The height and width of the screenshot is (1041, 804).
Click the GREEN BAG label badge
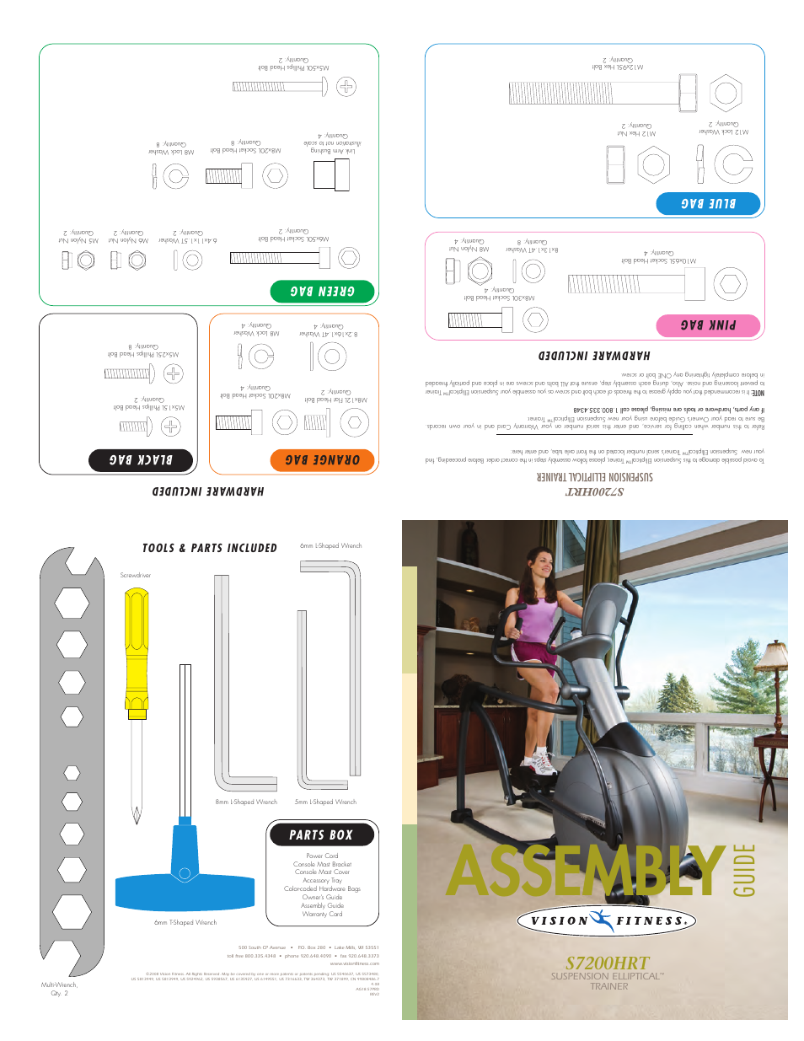322,291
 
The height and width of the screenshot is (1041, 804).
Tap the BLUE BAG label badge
708,203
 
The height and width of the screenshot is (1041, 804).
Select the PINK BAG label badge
708,325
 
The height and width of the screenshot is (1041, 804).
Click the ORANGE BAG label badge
322,460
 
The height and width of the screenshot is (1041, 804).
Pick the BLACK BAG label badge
141,460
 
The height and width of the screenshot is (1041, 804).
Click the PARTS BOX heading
321,834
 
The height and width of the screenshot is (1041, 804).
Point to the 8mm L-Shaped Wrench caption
246,802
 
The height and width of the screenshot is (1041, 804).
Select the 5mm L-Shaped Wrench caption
325,802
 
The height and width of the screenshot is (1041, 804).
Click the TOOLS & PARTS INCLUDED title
210,548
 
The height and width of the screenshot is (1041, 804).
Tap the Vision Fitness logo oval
607,920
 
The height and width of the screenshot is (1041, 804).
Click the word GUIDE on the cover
745,870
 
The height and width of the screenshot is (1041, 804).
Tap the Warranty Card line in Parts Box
322,914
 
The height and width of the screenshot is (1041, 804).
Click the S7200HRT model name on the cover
608,963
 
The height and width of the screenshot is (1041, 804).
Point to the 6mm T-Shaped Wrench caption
185,922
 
